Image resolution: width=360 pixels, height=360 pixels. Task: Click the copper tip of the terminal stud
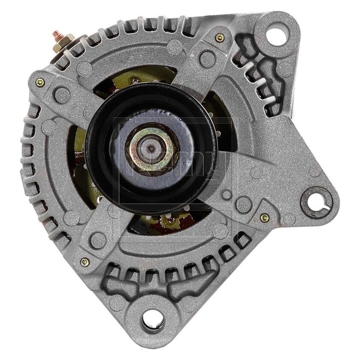[56, 33]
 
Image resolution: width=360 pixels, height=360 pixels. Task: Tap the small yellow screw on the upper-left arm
[40, 82]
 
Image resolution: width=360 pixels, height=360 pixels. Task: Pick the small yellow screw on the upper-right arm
[219, 38]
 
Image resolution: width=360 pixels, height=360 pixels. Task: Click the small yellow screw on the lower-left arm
[85, 262]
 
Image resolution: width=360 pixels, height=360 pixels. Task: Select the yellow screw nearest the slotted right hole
[265, 218]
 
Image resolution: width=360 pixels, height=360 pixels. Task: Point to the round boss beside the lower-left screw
[98, 240]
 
